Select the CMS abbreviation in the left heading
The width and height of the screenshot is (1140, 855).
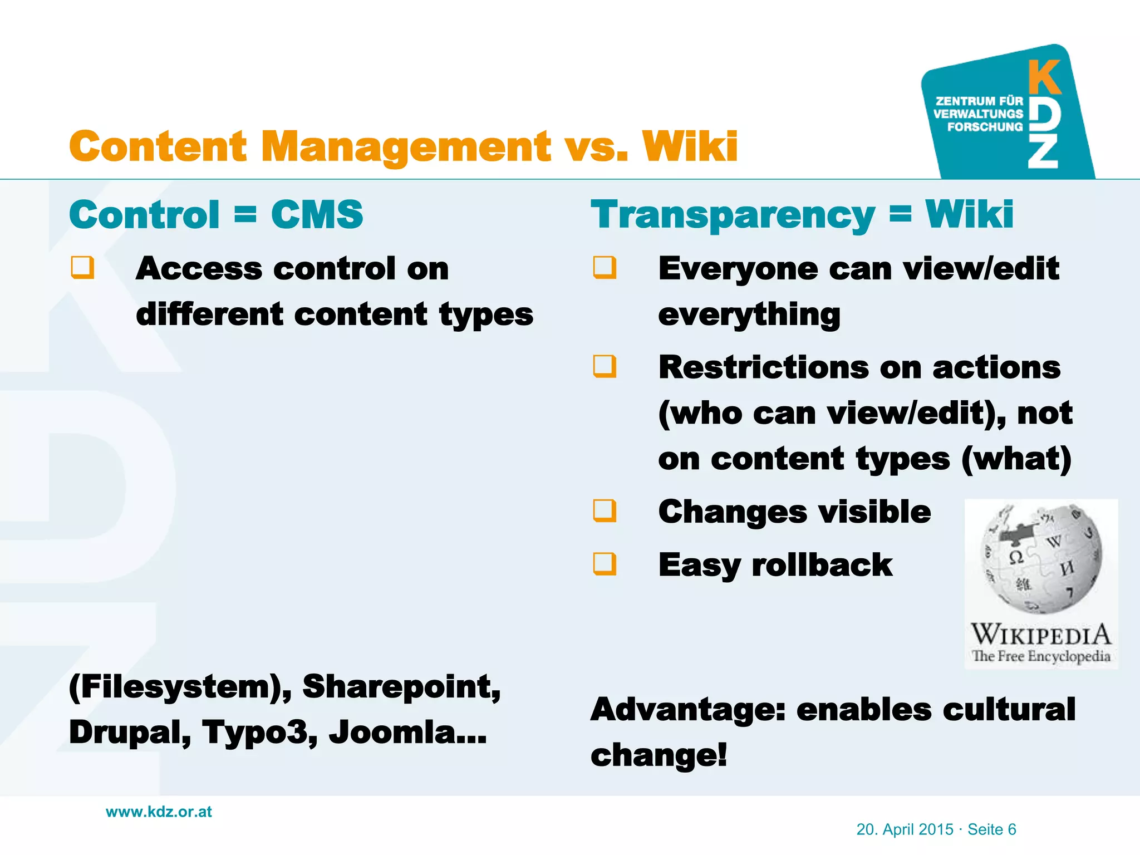317,214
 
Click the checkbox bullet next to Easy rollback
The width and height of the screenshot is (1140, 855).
605,563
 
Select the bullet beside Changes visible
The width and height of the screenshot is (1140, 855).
605,510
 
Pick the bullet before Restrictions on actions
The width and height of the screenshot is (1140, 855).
605,366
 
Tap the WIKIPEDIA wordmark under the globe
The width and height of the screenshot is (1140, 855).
1040,635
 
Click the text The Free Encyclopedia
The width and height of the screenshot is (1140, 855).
1040,656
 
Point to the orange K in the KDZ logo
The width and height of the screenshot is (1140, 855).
1044,77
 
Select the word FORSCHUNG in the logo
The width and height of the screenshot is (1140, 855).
985,127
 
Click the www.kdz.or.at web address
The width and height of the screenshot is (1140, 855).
159,812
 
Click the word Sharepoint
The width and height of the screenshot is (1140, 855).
401,687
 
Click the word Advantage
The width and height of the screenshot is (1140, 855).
688,710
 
